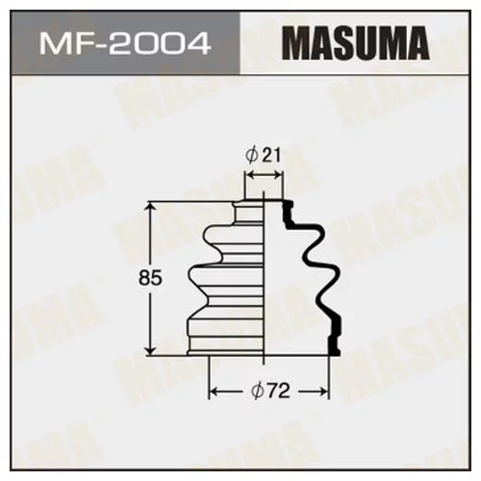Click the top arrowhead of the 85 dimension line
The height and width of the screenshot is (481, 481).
click(150, 208)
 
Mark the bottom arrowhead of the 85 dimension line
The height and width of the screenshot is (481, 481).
click(150, 349)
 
